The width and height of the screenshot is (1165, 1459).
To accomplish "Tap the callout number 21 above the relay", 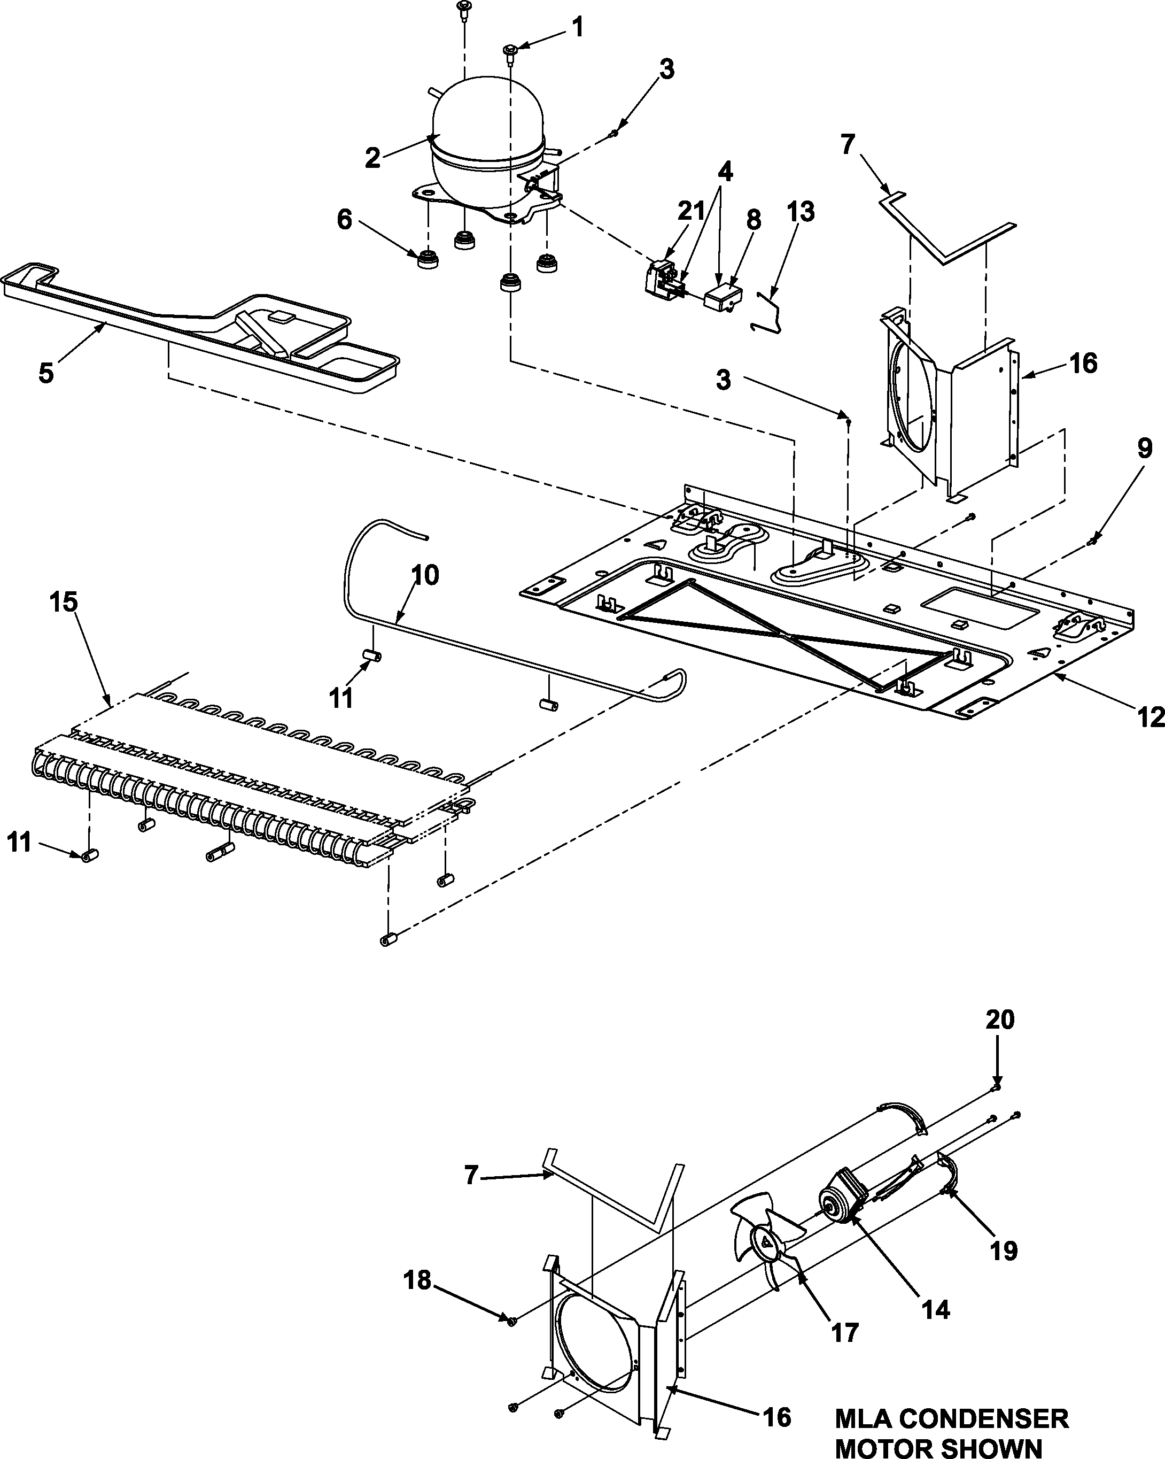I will click(x=691, y=211).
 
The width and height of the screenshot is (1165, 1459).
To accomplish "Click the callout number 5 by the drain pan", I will click(x=45, y=373).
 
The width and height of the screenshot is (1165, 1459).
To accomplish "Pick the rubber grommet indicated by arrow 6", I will click(x=428, y=259).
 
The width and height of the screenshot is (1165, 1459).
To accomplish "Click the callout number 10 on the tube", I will click(x=425, y=575).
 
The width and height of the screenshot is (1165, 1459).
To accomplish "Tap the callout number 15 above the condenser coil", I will click(x=64, y=601).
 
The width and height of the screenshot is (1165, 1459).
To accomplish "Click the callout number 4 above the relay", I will click(x=725, y=172).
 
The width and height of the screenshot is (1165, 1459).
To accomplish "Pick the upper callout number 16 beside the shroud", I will click(x=1083, y=364).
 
